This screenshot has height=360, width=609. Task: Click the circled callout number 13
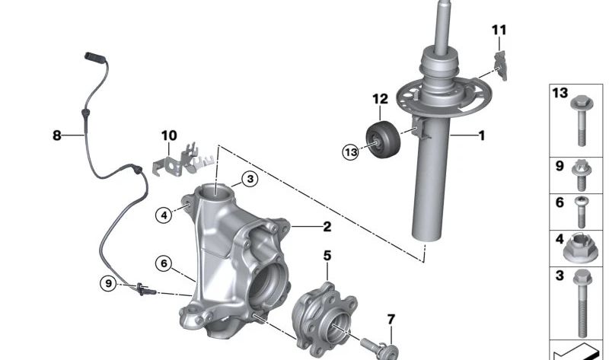[x=351, y=152]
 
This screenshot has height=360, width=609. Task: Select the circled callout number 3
[x=250, y=179]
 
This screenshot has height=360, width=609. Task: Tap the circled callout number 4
[x=164, y=215]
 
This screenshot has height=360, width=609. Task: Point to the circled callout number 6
[x=164, y=263]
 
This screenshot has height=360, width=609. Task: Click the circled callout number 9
[x=108, y=283]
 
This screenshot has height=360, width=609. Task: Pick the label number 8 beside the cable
[x=56, y=135]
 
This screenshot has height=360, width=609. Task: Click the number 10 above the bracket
[x=169, y=135]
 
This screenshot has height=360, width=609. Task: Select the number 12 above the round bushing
[x=380, y=99]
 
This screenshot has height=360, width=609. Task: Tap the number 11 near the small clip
[x=499, y=30]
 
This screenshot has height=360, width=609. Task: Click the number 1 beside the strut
[x=482, y=135]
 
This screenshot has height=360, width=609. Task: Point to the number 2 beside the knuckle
[x=327, y=226]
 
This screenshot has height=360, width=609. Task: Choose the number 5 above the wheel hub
[x=327, y=256]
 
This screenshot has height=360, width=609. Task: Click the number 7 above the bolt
[x=391, y=319]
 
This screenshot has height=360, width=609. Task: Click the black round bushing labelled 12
[x=383, y=139]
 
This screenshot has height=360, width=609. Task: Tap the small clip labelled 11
[x=501, y=65]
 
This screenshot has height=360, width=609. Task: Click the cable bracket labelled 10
[x=183, y=160]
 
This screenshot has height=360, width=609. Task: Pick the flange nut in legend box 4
[x=578, y=249]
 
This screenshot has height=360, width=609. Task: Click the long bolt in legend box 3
[x=582, y=303]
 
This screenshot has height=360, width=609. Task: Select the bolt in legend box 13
[x=582, y=120]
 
